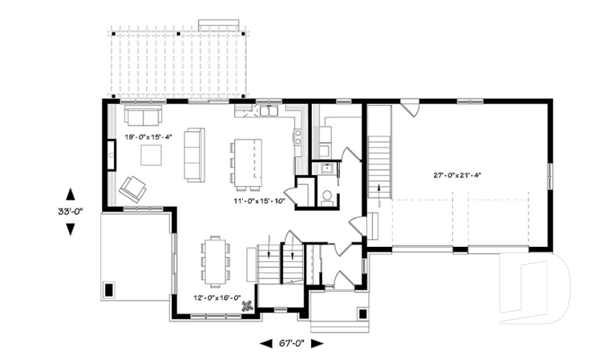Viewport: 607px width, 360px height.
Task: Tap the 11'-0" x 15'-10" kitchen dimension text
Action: [260, 201]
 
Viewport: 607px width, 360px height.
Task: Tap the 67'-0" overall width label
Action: [291, 344]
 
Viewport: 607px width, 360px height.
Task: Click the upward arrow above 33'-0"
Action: [70, 194]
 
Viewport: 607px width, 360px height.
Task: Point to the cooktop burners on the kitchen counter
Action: [297, 137]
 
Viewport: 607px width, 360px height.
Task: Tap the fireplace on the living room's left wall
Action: [110, 154]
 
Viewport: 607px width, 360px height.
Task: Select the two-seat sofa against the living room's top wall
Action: [142, 115]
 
